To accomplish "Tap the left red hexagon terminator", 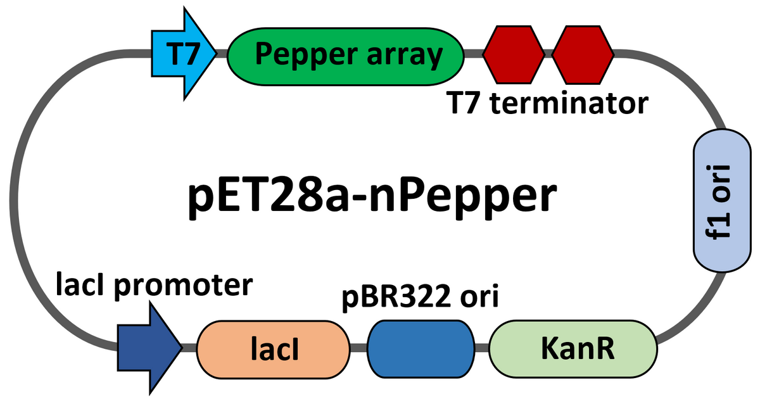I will [514, 56].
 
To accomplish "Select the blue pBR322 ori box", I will [422, 349].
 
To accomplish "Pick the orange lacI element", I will [274, 349].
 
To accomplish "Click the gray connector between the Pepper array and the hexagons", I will [474, 56].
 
